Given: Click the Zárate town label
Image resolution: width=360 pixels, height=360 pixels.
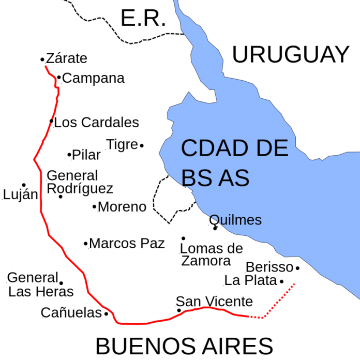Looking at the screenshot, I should pyautogui.click(x=67, y=58).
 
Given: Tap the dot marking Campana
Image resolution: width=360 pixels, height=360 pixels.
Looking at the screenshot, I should pyautogui.click(x=59, y=78).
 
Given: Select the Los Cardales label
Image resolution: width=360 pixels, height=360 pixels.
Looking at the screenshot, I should pyautogui.click(x=96, y=123).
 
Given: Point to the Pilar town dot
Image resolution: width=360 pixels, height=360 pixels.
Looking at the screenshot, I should pyautogui.click(x=69, y=154).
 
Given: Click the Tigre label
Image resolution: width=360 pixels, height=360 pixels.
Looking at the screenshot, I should pyautogui.click(x=122, y=145).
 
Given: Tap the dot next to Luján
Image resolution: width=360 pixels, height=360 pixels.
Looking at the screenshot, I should pyautogui.click(x=23, y=185).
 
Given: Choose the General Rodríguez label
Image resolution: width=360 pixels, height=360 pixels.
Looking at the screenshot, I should pyautogui.click(x=80, y=182).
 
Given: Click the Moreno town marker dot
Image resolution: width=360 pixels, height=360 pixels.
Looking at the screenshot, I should pyautogui.click(x=95, y=207).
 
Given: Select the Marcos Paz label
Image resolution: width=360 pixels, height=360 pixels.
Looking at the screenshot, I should pyautogui.click(x=127, y=243).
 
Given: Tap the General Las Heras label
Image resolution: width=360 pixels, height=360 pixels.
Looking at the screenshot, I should pyautogui.click(x=40, y=284).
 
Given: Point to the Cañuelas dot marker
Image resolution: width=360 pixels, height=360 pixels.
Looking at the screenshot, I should pyautogui.click(x=106, y=313).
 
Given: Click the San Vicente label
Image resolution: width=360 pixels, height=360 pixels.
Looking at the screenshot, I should pyautogui.click(x=214, y=302).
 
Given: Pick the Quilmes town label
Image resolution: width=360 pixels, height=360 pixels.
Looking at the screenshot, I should pyautogui.click(x=235, y=220).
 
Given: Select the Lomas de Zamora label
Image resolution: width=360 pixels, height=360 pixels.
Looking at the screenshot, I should pyautogui.click(x=211, y=254).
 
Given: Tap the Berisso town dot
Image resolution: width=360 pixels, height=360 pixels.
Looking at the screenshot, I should pyautogui.click(x=297, y=268).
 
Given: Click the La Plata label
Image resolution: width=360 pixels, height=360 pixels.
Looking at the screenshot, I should pyautogui.click(x=251, y=281).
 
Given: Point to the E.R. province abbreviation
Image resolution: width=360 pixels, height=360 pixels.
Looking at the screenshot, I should pyautogui.click(x=143, y=19).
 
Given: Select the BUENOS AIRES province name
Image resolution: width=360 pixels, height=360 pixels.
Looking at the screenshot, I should pyautogui.click(x=184, y=346).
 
